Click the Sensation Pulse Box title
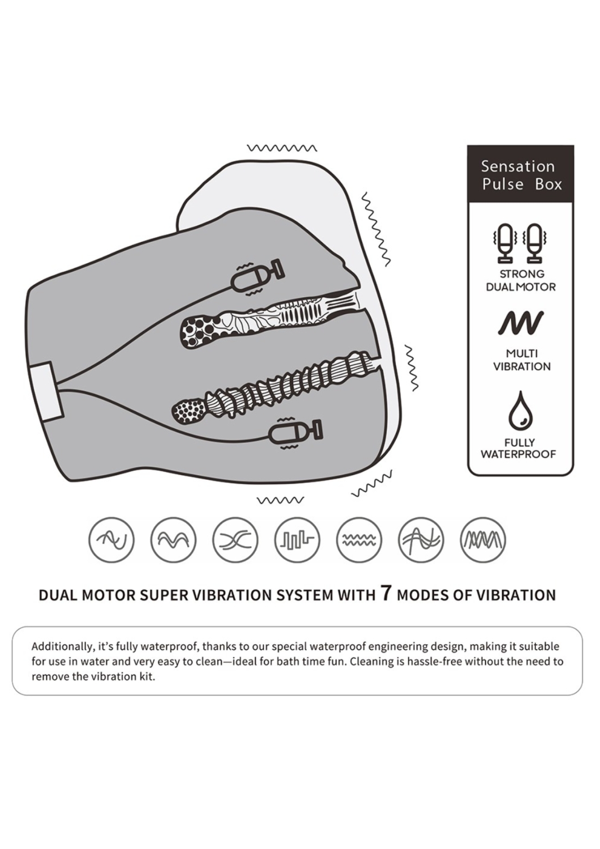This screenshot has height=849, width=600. [x=521, y=175]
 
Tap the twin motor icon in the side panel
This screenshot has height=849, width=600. [x=520, y=243]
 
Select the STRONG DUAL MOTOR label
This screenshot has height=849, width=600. [x=521, y=280]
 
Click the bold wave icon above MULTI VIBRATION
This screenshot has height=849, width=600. [x=521, y=323]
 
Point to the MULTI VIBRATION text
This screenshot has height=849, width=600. [x=521, y=359]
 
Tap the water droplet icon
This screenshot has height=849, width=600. [x=520, y=411]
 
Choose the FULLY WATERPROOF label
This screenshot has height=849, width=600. [x=518, y=448]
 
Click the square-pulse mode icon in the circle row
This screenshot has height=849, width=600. [x=297, y=539]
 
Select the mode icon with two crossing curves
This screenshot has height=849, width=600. [x=236, y=539]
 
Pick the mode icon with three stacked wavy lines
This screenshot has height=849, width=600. [x=359, y=539]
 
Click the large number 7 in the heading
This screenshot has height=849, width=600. [x=386, y=593]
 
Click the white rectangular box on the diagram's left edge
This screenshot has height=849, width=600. [x=44, y=391]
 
